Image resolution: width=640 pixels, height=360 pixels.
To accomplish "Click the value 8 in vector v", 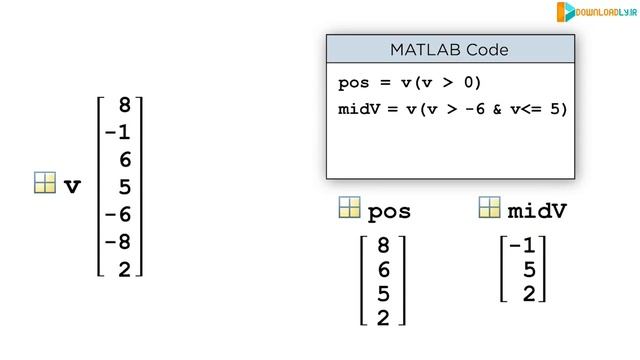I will click(x=124, y=105).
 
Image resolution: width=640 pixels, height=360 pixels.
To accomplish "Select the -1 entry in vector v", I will click(x=117, y=132).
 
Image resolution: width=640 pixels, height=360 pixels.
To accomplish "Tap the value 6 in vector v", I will click(x=124, y=160).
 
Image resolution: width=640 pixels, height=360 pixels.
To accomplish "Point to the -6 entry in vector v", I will click(x=117, y=215).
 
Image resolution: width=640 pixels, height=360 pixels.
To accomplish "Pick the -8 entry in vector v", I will click(x=117, y=242).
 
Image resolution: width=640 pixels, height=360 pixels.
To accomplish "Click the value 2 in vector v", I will click(x=124, y=269).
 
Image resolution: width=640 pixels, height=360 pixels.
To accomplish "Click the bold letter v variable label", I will click(x=72, y=186).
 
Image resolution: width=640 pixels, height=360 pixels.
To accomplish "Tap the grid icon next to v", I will click(x=44, y=183).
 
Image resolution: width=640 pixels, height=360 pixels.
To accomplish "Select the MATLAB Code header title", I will click(x=450, y=49).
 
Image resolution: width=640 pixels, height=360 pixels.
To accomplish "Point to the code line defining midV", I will click(x=452, y=109).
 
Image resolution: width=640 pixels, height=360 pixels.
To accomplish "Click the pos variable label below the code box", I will click(x=390, y=212).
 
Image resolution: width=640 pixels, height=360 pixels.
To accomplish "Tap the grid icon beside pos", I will click(x=349, y=208).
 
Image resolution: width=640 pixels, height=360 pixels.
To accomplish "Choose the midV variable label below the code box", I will click(x=538, y=212).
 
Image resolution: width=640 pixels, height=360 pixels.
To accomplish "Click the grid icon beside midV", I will click(x=489, y=208).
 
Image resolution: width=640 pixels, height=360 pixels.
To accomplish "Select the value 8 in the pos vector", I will click(x=383, y=245).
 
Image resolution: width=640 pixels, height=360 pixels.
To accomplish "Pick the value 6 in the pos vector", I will click(x=383, y=270).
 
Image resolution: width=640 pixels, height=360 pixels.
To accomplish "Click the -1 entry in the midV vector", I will click(x=523, y=245).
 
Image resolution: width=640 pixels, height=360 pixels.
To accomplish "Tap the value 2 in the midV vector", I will click(x=529, y=294).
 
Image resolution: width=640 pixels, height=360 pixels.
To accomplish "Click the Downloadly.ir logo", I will click(x=594, y=12).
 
